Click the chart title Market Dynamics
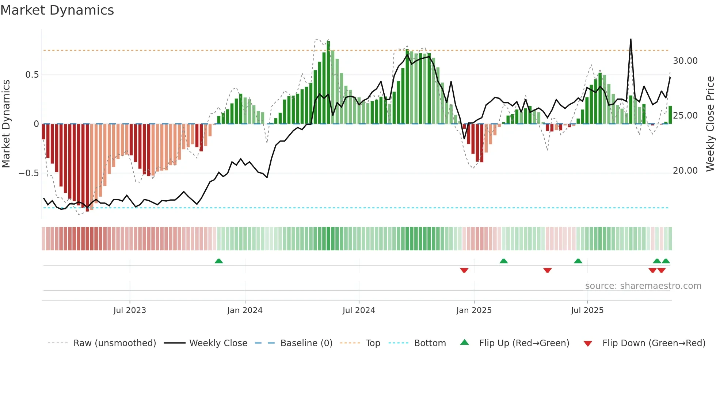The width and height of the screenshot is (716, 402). [x=57, y=10]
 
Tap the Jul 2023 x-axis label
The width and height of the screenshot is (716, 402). [x=129, y=310]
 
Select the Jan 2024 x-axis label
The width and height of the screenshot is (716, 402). [x=244, y=310]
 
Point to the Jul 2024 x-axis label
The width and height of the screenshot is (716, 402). [x=358, y=310]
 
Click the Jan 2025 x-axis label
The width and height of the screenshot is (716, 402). [x=473, y=310]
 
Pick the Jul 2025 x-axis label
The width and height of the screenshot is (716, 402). [x=587, y=310]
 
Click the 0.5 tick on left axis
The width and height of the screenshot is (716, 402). [x=32, y=75]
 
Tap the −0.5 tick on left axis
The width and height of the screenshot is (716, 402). [x=29, y=173]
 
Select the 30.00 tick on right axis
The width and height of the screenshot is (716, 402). [x=685, y=61]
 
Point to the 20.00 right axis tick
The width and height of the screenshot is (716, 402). [x=685, y=171]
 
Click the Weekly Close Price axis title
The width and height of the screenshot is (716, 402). [x=710, y=124]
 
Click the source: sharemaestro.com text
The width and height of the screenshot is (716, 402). [x=643, y=286]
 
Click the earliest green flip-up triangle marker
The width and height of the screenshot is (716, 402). [x=218, y=261]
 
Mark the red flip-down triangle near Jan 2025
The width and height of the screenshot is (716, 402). [x=464, y=270]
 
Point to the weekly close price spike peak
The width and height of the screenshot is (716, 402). [x=631, y=39]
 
